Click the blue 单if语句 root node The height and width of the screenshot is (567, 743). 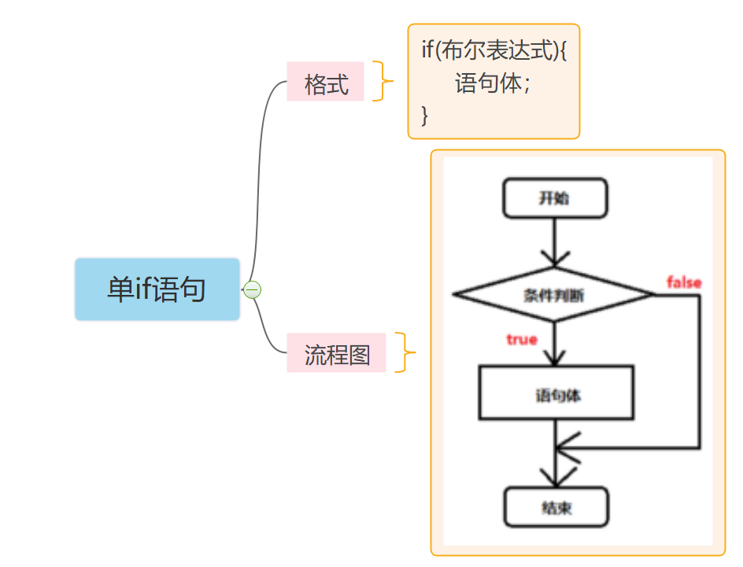click(x=157, y=289)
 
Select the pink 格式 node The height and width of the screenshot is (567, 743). click(x=325, y=82)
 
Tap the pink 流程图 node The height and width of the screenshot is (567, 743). click(x=336, y=352)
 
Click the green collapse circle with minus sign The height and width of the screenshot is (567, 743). click(x=252, y=289)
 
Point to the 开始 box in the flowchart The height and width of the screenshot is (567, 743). click(x=555, y=198)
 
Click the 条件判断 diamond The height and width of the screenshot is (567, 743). click(x=554, y=294)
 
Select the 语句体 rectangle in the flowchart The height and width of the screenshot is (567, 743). click(x=556, y=392)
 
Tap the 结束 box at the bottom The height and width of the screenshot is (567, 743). click(x=556, y=507)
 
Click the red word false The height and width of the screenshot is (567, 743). click(x=684, y=282)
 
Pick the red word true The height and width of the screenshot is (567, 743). click(x=522, y=340)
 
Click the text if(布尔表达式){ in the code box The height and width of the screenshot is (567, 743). click(x=494, y=50)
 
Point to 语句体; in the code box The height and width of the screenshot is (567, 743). click(x=493, y=83)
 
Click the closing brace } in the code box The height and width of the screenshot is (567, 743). click(x=424, y=115)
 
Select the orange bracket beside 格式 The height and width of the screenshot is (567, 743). click(x=383, y=81)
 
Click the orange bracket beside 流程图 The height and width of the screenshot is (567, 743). click(x=405, y=352)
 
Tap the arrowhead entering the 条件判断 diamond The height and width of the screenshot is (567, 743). click(x=555, y=260)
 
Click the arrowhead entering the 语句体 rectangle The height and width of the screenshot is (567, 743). click(x=555, y=358)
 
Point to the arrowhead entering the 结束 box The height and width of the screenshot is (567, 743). click(x=556, y=477)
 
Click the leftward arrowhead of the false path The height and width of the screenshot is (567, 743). click(x=566, y=447)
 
